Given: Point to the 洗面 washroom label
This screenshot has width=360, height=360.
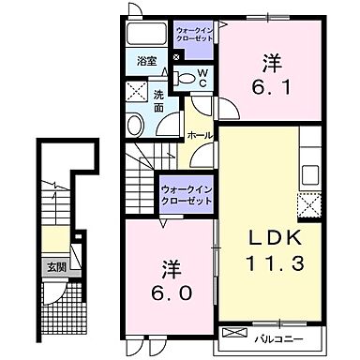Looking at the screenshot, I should coord(158,99).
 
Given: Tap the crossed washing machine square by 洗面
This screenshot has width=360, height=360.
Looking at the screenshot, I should coord(136,94).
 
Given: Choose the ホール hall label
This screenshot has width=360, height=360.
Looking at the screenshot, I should coord(200,135).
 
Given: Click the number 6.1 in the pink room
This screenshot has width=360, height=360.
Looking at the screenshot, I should coord(271,83).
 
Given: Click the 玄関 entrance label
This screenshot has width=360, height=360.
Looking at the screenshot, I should coord(56,267).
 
